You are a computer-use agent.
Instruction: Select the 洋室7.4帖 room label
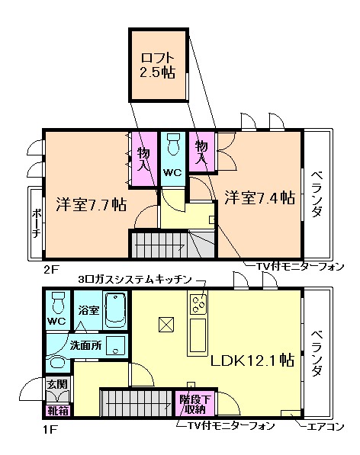coord(259,197)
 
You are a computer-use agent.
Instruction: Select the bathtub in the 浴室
coord(115,312)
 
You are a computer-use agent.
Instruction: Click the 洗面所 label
coord(85,344)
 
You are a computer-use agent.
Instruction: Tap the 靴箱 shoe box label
coord(57,409)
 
